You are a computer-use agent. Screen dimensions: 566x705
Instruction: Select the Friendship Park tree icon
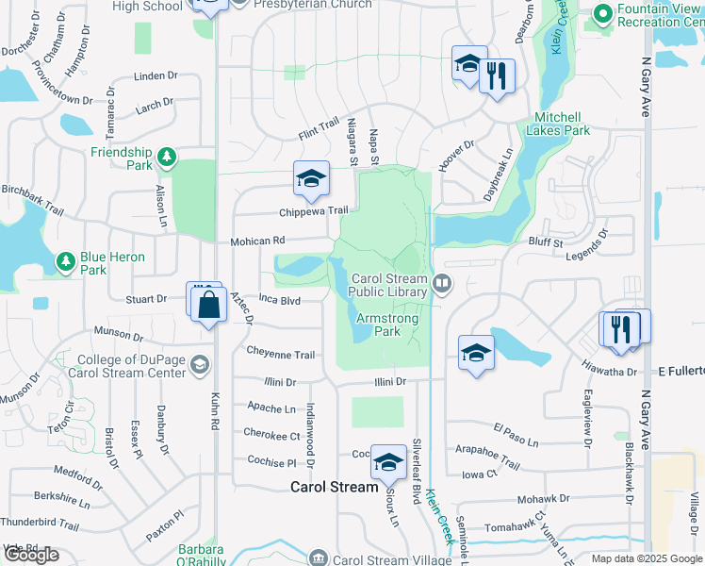coord(167,156)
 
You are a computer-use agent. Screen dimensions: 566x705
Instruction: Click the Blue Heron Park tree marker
coord(65,260)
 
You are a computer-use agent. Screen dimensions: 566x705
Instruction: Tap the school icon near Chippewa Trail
coord(311,179)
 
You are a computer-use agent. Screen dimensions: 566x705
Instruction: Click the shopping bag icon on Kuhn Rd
coord(209,304)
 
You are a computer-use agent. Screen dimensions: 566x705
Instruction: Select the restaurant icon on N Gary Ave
coord(622,328)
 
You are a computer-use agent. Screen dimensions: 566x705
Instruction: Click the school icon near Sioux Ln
coord(387,461)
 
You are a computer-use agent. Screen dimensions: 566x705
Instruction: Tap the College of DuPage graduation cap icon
coord(199,364)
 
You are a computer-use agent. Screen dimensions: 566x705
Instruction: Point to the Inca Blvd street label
coord(279,301)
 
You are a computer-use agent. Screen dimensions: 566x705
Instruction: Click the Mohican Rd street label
coord(257,241)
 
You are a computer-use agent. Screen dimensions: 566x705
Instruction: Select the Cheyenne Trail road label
coord(280,355)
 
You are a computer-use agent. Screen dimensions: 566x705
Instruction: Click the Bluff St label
coord(545,242)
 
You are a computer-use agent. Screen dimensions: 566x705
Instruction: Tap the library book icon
coord(441,282)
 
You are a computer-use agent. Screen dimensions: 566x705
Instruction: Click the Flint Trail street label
coord(319,125)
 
